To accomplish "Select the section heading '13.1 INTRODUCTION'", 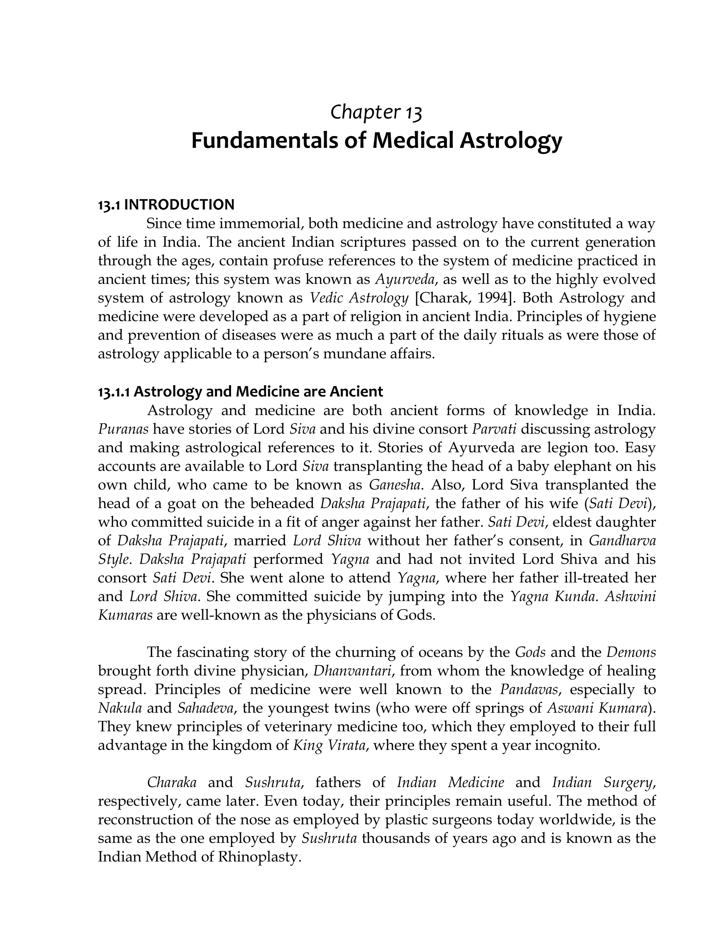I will [166, 204].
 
